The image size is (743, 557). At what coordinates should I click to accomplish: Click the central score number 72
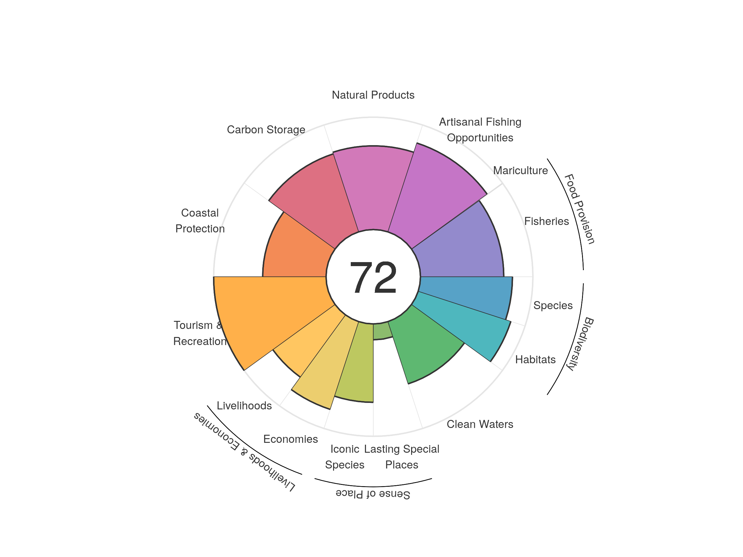[x=373, y=277]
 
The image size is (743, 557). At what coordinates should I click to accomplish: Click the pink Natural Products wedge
[x=373, y=188]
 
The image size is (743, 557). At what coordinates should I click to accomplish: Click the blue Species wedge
[x=470, y=296]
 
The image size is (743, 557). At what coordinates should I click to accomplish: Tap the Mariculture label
[x=520, y=171]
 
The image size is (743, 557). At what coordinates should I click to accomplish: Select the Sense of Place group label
[x=373, y=494]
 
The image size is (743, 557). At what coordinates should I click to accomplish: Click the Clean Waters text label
[x=480, y=424]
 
